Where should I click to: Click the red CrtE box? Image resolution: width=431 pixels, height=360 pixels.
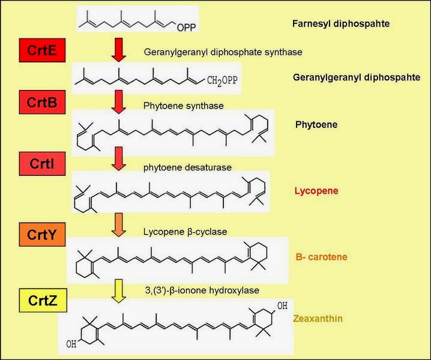tap(41, 52)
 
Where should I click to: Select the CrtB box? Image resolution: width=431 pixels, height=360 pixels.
tap(41, 103)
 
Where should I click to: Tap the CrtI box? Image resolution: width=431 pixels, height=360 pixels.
tap(41, 163)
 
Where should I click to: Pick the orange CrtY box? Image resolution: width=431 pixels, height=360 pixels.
tap(41, 235)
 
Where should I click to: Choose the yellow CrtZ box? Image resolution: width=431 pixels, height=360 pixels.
tap(41, 298)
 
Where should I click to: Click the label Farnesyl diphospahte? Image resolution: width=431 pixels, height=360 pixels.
tap(340, 25)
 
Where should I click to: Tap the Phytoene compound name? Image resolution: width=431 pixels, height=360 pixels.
tap(316, 125)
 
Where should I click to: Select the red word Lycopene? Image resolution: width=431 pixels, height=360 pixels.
tap(316, 191)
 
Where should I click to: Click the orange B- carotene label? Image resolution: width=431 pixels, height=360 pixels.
tap(321, 257)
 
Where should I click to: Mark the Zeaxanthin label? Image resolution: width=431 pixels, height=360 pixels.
tap(318, 318)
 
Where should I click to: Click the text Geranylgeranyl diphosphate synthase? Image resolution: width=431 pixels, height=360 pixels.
tap(223, 52)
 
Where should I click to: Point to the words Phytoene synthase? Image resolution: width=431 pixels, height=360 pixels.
tap(183, 106)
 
